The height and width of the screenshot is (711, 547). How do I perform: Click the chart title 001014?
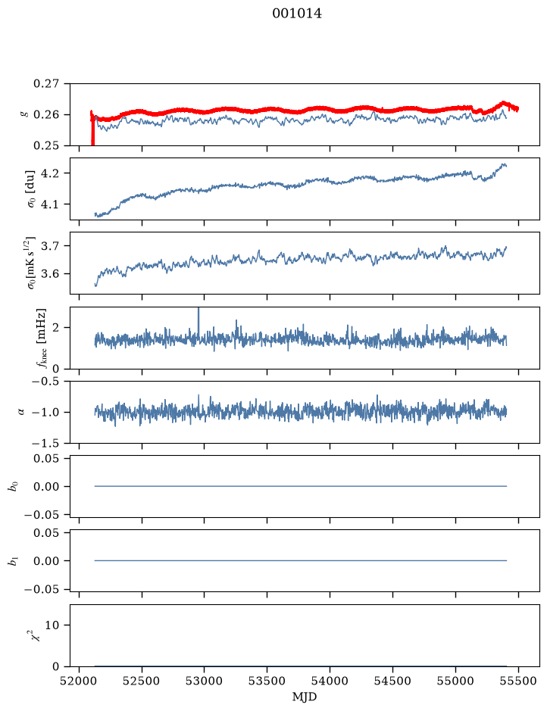pyautogui.click(x=297, y=14)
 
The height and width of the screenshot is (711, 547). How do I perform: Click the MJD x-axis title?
pyautogui.click(x=305, y=697)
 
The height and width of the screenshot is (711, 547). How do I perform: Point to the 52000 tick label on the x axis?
pyautogui.click(x=80, y=681)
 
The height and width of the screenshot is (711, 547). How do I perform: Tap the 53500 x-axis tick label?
pyautogui.click(x=267, y=681)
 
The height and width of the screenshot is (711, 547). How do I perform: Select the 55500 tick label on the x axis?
pyautogui.click(x=518, y=681)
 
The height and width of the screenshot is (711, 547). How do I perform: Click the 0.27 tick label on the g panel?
pyautogui.click(x=45, y=84)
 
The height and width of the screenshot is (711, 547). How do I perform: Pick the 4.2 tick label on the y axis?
pyautogui.click(x=50, y=173)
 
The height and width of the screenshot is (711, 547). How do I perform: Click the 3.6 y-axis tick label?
pyautogui.click(x=50, y=274)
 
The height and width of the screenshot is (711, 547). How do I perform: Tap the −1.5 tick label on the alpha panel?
pyautogui.click(x=45, y=443)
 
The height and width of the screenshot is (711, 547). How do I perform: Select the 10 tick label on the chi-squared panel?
pyautogui.click(x=52, y=625)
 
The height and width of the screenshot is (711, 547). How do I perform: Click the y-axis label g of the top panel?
pyautogui.click(x=24, y=114)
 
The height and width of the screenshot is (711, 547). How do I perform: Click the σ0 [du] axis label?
pyautogui.click(x=31, y=189)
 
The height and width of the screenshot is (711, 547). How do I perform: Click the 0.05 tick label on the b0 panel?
pyautogui.click(x=45, y=458)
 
